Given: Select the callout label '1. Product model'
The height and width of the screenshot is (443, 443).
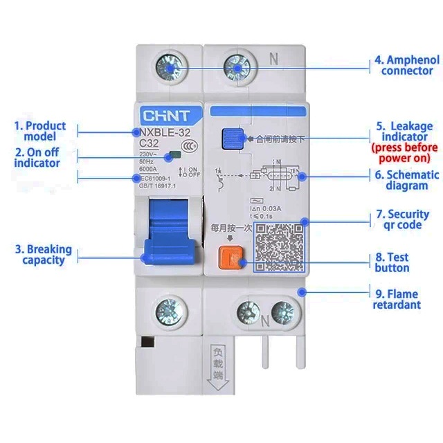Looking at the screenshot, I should click(x=42, y=131).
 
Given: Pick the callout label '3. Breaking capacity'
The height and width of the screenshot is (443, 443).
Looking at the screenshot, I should click(x=43, y=255).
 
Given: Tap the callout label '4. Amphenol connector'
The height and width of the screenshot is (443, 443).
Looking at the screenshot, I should click(x=407, y=65).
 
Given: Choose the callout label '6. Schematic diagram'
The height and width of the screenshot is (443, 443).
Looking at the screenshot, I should click(x=407, y=180).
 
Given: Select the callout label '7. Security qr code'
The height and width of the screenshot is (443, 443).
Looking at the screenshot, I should click(x=407, y=219).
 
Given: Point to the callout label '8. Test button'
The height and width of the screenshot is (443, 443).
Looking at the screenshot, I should click(x=392, y=262).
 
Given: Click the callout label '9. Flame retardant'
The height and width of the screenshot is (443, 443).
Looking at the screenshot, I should click(x=397, y=299).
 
